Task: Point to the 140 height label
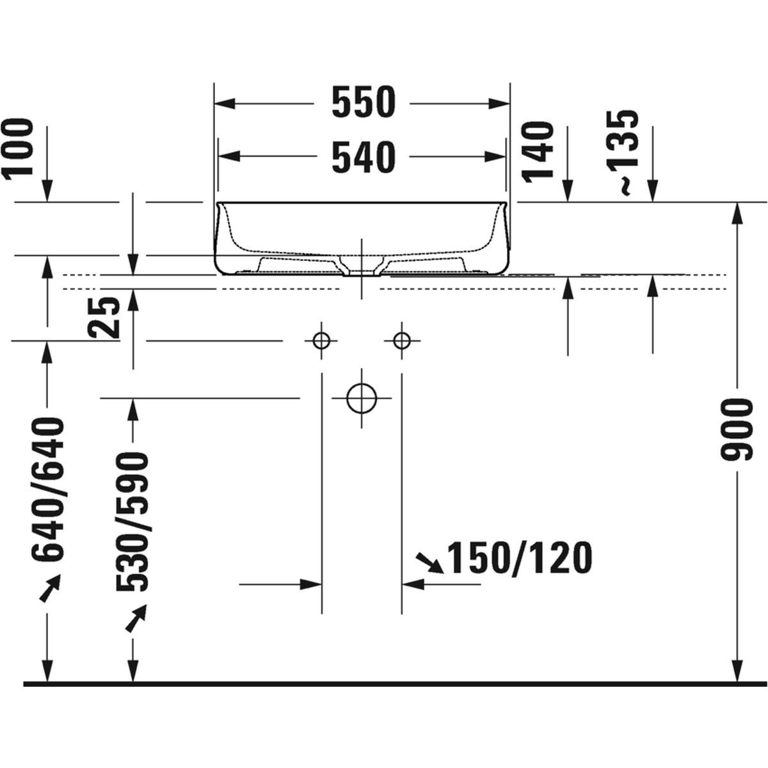[538, 152]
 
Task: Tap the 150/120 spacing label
[518, 558]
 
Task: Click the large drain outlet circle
[361, 398]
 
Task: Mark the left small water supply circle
[321, 340]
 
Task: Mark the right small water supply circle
[401, 340]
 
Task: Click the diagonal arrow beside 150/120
[429, 563]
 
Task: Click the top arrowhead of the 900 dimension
[738, 211]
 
